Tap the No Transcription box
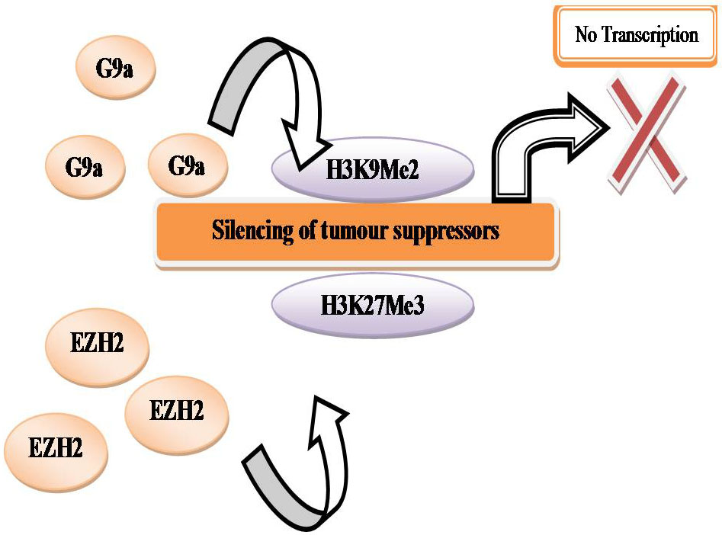tap(636, 35)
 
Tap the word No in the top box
tap(586, 35)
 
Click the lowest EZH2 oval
tap(56, 447)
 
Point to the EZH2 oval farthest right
tap(175, 412)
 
